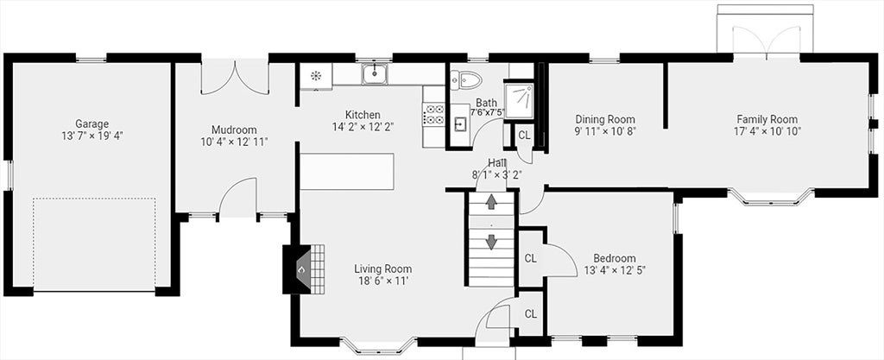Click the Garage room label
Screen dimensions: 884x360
coord(92,123)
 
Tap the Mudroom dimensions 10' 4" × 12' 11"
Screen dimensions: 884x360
coord(234,142)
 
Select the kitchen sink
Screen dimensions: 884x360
coord(375,73)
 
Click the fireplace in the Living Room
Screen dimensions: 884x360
coord(304,268)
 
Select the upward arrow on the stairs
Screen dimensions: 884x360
coord(491,201)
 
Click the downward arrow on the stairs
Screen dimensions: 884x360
coord(491,241)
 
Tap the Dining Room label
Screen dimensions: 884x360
coord(605,119)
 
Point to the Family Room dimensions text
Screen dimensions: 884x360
coord(767,130)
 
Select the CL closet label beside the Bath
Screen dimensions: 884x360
coord(524,136)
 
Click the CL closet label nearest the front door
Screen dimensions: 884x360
coord(531,313)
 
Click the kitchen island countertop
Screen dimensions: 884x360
coord(346,171)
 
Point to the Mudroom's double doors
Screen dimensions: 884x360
coord(235,77)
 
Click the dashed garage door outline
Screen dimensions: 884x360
coord(94,244)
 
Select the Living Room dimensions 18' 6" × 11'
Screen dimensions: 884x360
coord(382,280)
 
